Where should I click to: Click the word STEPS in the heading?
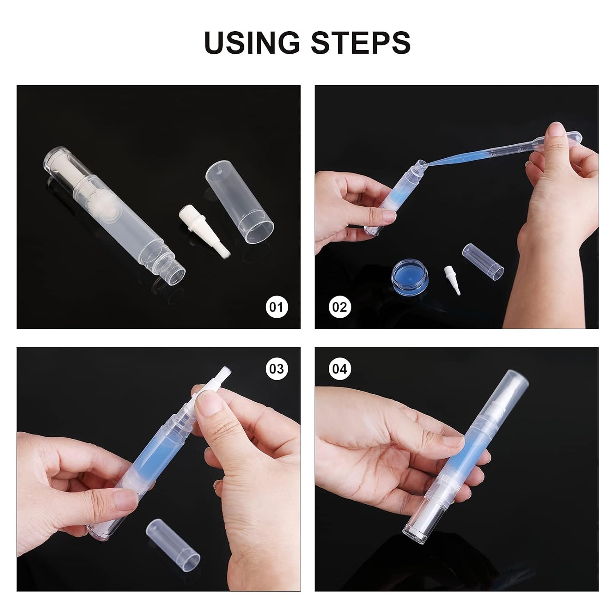pyautogui.click(x=360, y=42)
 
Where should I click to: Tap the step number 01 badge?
pyautogui.click(x=277, y=307)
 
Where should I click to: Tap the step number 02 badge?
pyautogui.click(x=339, y=307)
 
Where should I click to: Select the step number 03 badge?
pyautogui.click(x=277, y=369)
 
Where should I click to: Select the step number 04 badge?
pyautogui.click(x=339, y=369)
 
